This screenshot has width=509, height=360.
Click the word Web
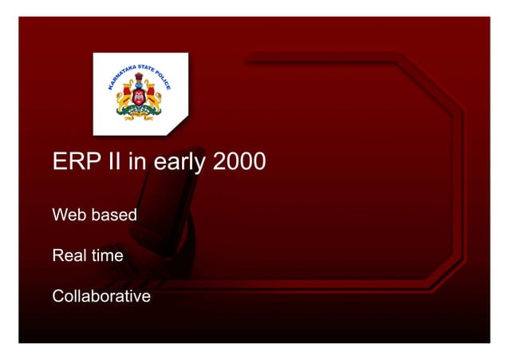coord(67,216)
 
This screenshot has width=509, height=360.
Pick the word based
coord(112,216)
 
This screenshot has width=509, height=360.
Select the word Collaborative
coord(101,297)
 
